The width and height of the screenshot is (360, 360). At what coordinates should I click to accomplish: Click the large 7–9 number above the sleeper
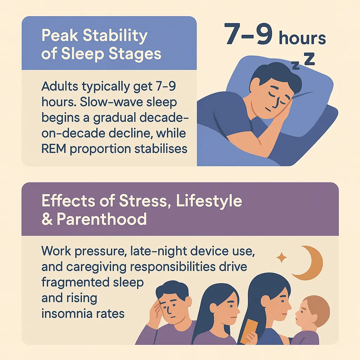(249, 34)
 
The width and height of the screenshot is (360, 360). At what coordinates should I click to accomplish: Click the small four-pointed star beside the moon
(282, 257)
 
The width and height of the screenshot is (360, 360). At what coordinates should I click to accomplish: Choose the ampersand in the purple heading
(47, 219)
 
